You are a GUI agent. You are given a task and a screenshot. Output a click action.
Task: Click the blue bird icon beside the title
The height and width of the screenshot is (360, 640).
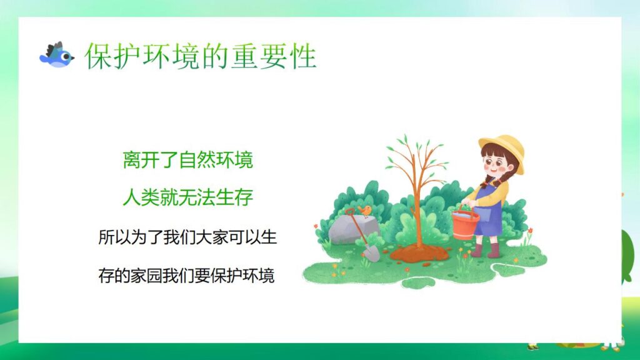(56, 56)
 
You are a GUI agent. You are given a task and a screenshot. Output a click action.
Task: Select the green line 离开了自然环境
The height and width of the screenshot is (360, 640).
(187, 160)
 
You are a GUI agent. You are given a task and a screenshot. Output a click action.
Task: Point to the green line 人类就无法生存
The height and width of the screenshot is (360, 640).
(187, 198)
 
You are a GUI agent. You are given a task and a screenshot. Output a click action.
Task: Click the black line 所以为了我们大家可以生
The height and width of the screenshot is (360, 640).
(187, 237)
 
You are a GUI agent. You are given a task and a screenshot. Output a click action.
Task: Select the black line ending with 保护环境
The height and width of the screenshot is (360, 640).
(186, 276)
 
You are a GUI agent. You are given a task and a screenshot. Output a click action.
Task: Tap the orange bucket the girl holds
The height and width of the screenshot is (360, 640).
(464, 224)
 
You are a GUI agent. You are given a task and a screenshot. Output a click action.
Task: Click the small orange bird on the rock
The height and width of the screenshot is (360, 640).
(364, 210)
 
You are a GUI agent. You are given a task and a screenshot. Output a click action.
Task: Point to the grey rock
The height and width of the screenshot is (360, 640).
(347, 230)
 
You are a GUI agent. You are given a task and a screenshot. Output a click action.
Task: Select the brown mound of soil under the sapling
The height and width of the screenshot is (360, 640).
(419, 252)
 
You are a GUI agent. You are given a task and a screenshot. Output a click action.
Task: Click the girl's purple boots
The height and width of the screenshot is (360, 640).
(486, 250)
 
